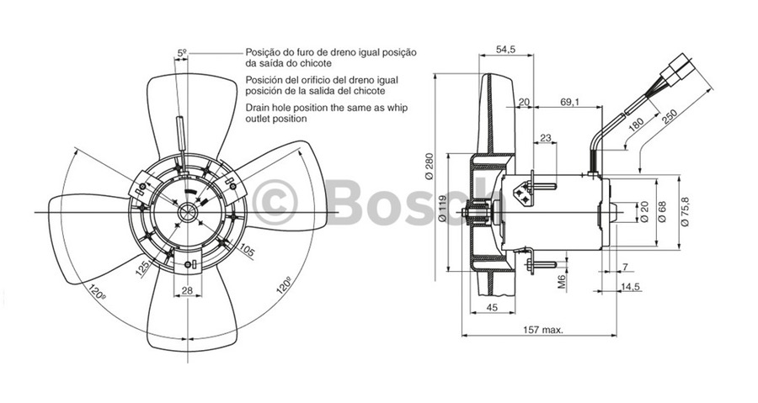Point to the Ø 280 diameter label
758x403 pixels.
pos(430,167)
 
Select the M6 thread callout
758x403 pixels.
pos(562,278)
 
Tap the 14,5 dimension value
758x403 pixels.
pos(630,288)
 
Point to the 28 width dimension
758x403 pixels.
pos(185,290)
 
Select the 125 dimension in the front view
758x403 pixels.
pos(143,268)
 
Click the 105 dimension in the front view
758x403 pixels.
pos(248,250)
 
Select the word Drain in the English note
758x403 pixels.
pos(259,109)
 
